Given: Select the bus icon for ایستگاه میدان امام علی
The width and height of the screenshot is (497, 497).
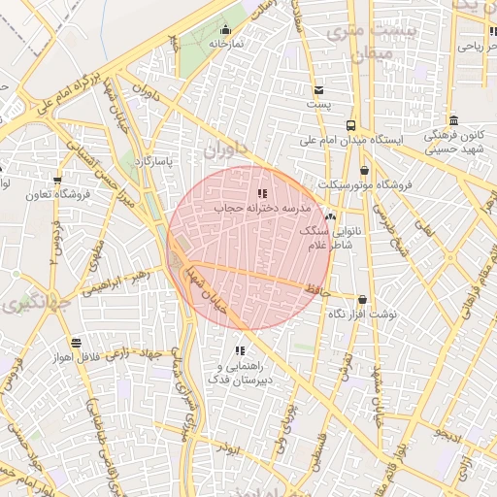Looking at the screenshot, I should click(350, 125).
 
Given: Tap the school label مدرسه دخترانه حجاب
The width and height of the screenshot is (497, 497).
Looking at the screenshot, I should click(261, 208).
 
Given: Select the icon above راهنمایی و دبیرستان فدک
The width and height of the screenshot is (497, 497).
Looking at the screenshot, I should click(239, 350).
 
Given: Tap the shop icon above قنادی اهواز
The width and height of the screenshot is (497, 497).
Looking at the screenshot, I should click(76, 343).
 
